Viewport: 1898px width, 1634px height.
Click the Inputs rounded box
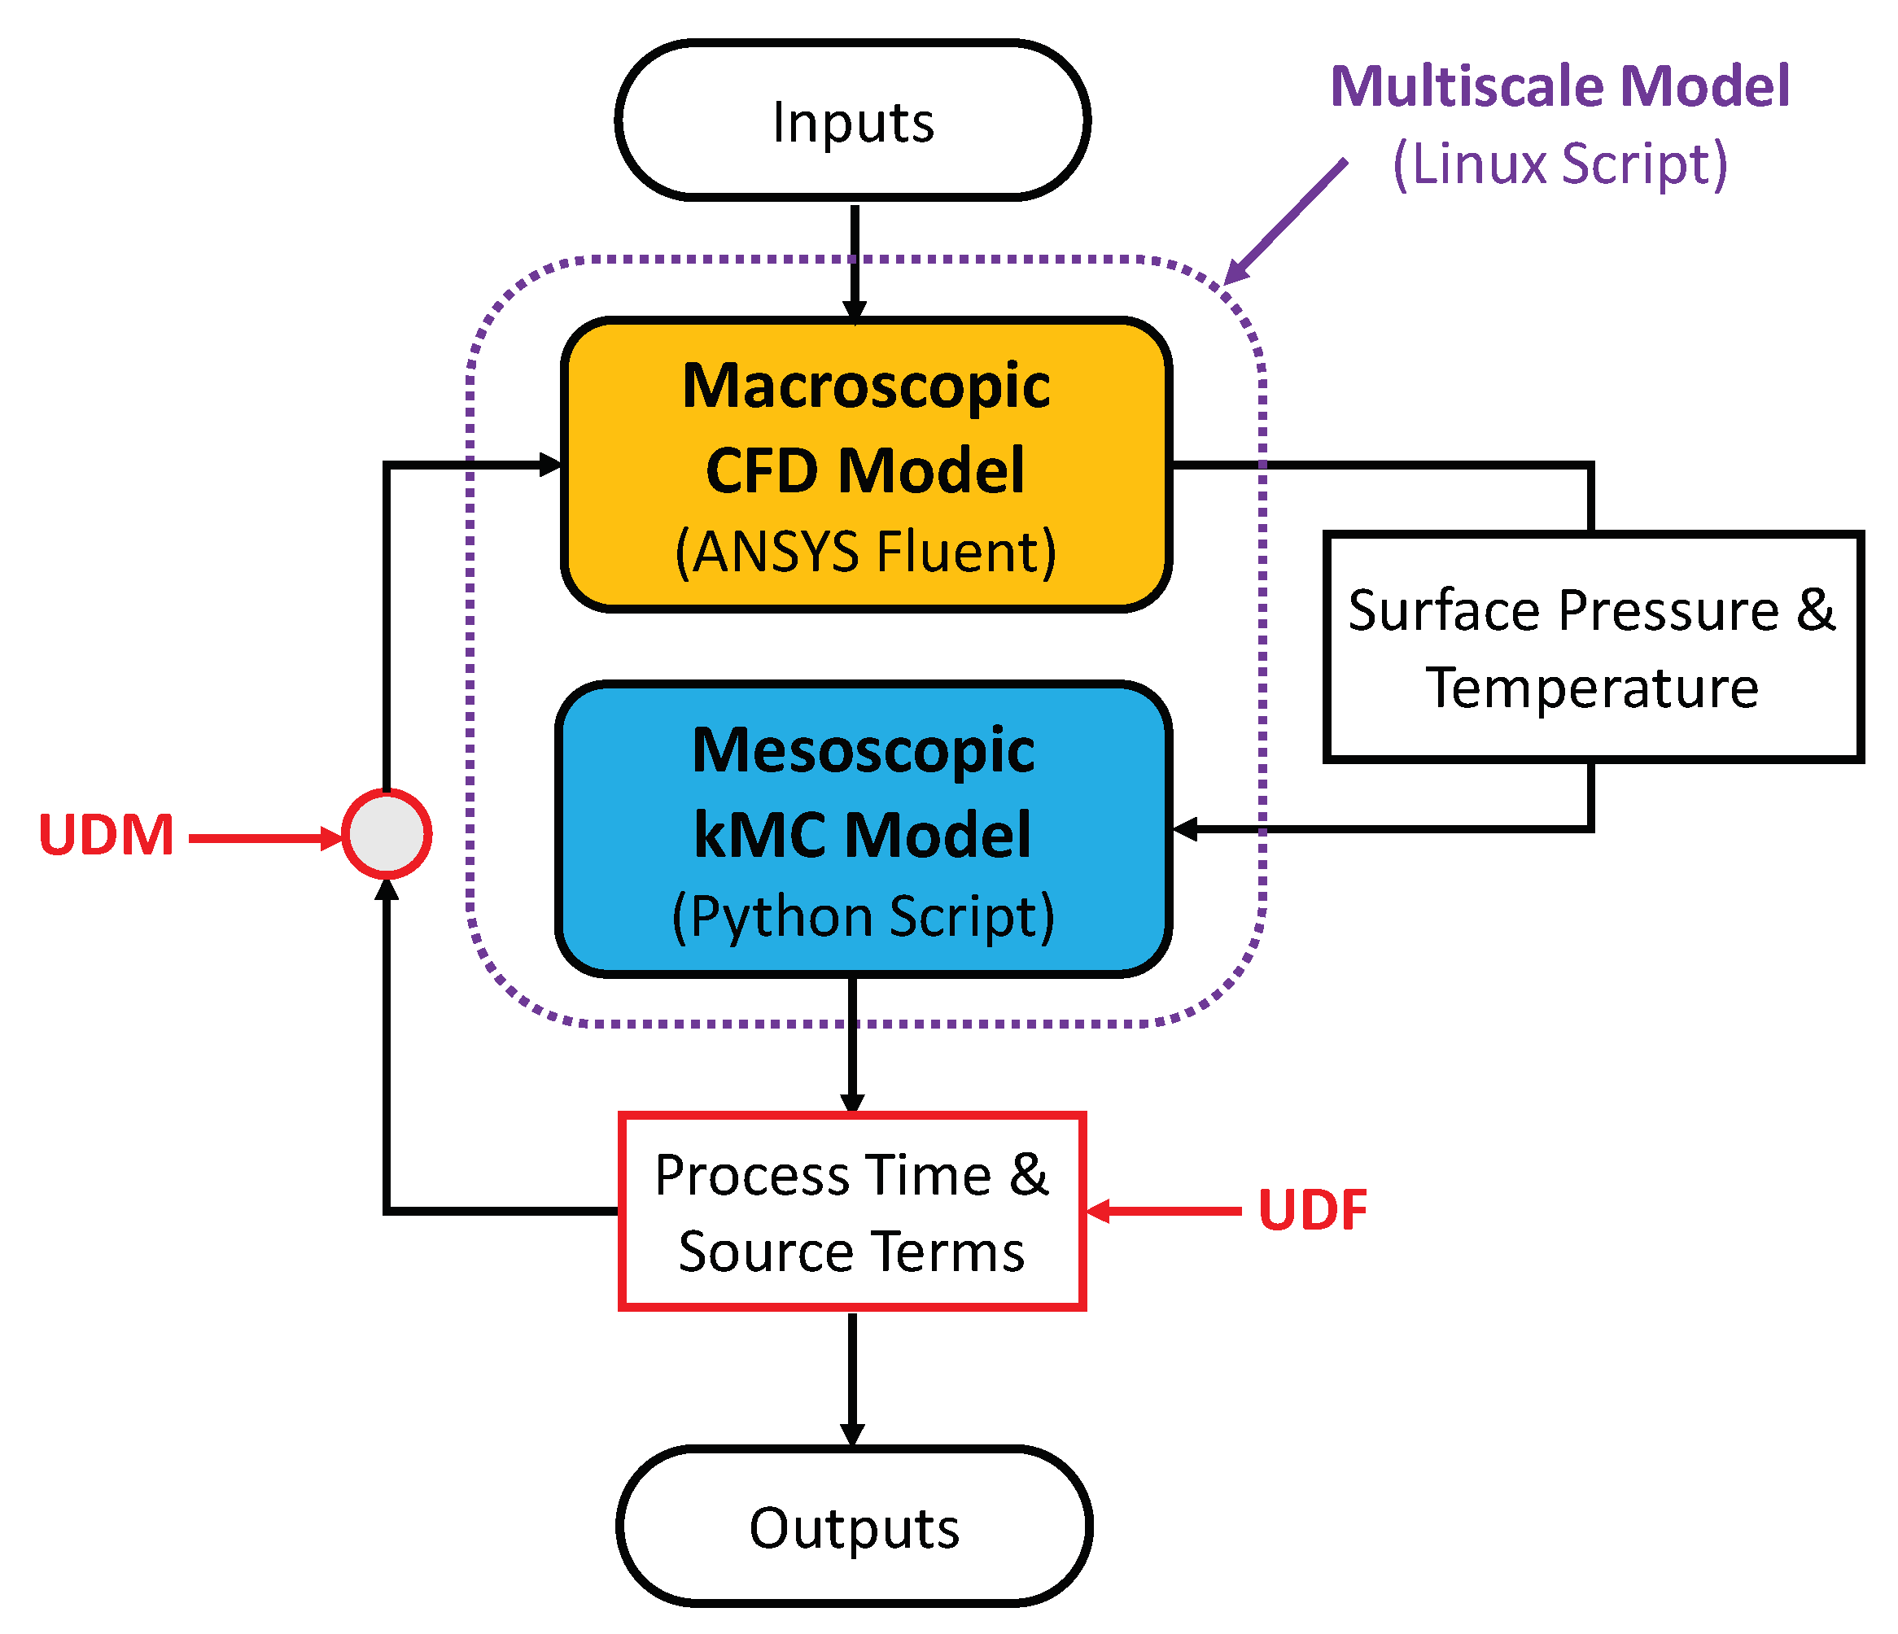point(853,121)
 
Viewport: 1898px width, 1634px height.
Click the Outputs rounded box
point(854,1527)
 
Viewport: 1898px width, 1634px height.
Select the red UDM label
point(107,836)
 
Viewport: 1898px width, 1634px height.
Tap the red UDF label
point(1312,1210)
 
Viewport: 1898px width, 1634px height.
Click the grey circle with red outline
point(387,834)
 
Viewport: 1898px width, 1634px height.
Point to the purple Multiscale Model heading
point(1559,87)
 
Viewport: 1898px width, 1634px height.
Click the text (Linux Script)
point(1559,165)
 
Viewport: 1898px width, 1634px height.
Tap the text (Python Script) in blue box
point(863,916)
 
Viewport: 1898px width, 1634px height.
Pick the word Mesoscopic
point(863,750)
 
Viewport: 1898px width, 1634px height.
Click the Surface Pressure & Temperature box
point(1592,648)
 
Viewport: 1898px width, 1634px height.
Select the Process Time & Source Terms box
point(852,1211)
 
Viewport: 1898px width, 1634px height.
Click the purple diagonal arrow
point(1287,220)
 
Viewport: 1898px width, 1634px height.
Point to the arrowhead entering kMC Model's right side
point(1185,829)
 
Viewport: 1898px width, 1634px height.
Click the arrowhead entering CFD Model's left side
point(549,465)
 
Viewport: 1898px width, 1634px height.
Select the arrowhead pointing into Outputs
point(853,1435)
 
